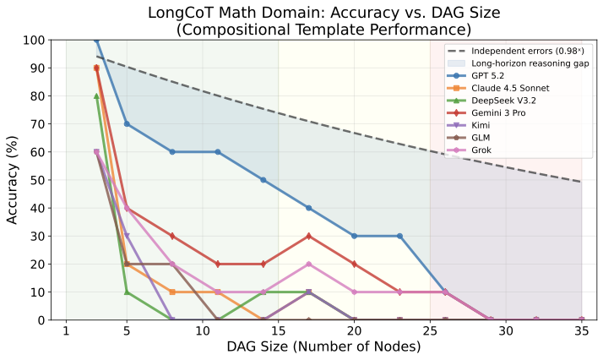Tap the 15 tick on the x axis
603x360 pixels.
coord(278,332)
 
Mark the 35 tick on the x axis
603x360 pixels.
coord(582,332)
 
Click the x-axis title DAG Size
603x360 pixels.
coord(323,347)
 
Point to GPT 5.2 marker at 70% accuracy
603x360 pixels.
coord(127,124)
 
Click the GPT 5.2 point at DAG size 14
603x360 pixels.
coord(263,180)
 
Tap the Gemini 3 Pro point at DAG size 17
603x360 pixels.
coord(309,236)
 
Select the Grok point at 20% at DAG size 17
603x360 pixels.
coord(309,264)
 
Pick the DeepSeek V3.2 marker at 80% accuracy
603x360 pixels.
coord(96,96)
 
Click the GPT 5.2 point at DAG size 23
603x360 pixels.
coord(400,236)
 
